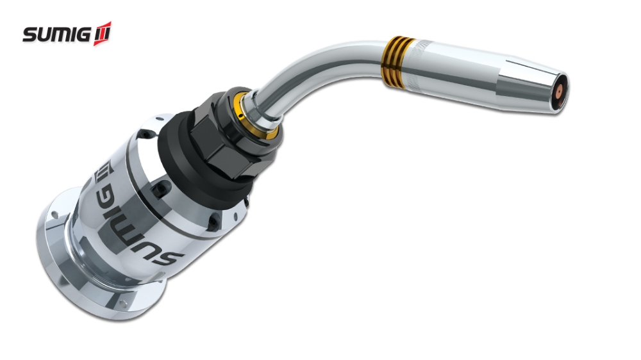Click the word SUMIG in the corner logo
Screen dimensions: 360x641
coord(58,35)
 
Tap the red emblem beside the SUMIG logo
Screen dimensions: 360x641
coord(103,33)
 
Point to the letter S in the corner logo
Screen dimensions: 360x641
coord(30,35)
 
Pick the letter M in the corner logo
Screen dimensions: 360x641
coord(62,35)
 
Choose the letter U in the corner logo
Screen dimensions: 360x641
coord(45,35)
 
